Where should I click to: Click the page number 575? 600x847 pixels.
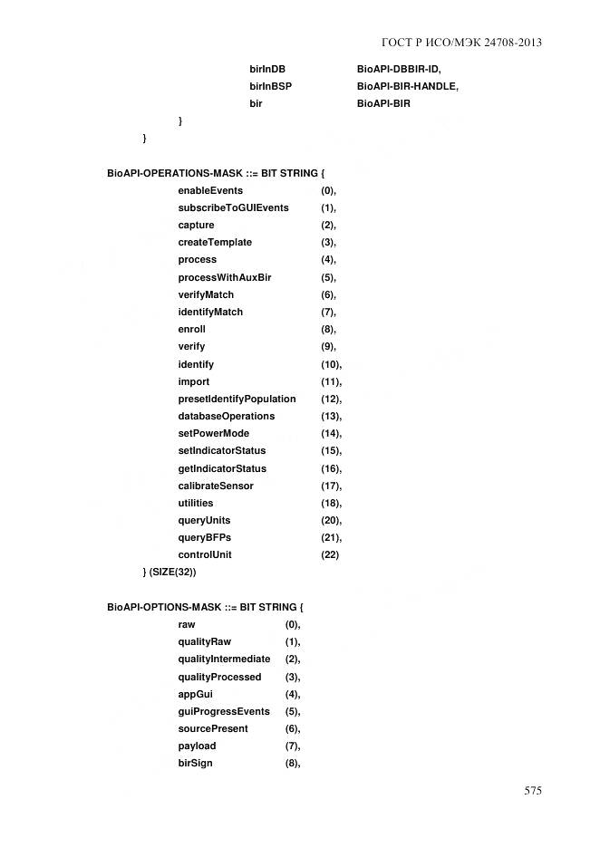[532, 791]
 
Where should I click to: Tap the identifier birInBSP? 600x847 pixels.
[270, 86]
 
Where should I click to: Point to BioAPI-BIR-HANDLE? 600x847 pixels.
[407, 86]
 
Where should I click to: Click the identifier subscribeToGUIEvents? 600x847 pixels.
[233, 207]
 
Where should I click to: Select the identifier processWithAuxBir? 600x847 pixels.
[224, 277]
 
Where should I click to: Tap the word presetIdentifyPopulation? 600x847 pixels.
[237, 399]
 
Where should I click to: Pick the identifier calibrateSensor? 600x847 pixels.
[216, 486]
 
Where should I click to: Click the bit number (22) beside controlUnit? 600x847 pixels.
[330, 554]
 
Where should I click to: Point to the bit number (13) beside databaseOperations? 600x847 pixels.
[331, 416]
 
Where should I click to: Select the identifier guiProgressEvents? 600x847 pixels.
[224, 711]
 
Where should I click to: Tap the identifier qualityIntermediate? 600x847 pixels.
[224, 659]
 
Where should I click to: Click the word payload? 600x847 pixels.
[197, 746]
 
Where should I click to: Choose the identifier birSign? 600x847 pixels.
[196, 764]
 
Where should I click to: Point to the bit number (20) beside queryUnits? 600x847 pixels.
[331, 520]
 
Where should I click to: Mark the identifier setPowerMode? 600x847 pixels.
[213, 433]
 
